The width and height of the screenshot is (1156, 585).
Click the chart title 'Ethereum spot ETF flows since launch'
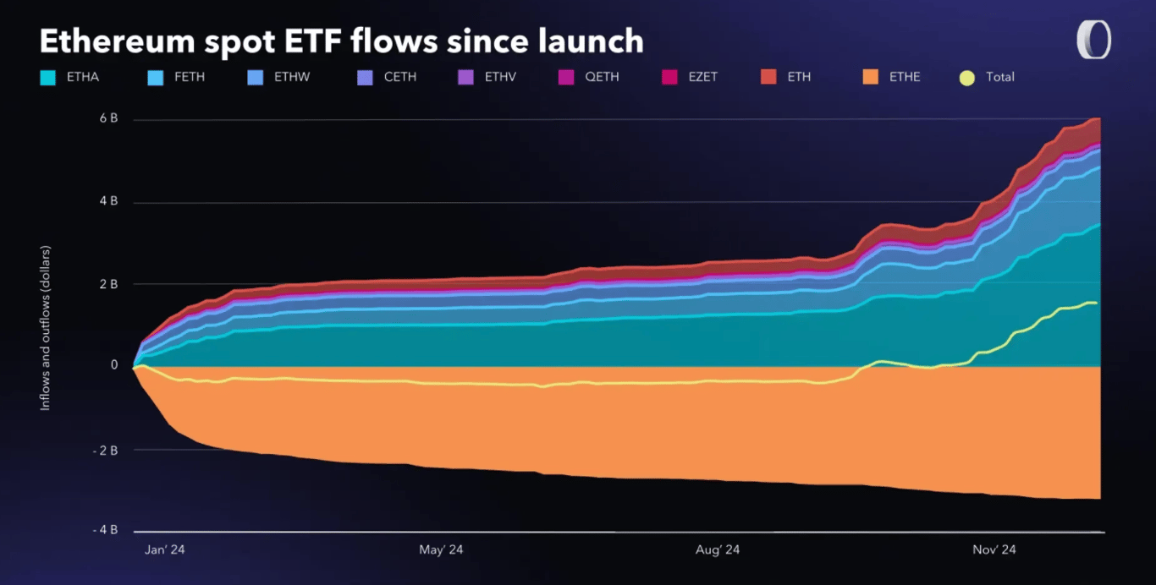point(342,41)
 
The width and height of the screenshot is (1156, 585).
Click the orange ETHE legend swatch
point(869,77)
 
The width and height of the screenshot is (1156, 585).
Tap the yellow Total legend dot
point(966,78)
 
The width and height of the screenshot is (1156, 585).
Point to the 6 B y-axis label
point(108,119)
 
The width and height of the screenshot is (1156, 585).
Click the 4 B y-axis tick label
point(108,202)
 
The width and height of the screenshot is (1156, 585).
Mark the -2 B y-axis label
point(105,450)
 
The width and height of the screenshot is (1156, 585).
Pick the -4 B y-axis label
point(105,530)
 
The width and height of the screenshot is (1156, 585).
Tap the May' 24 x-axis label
point(441,550)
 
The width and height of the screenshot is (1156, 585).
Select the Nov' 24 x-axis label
point(994,550)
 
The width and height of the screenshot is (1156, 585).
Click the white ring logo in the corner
point(1093,40)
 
